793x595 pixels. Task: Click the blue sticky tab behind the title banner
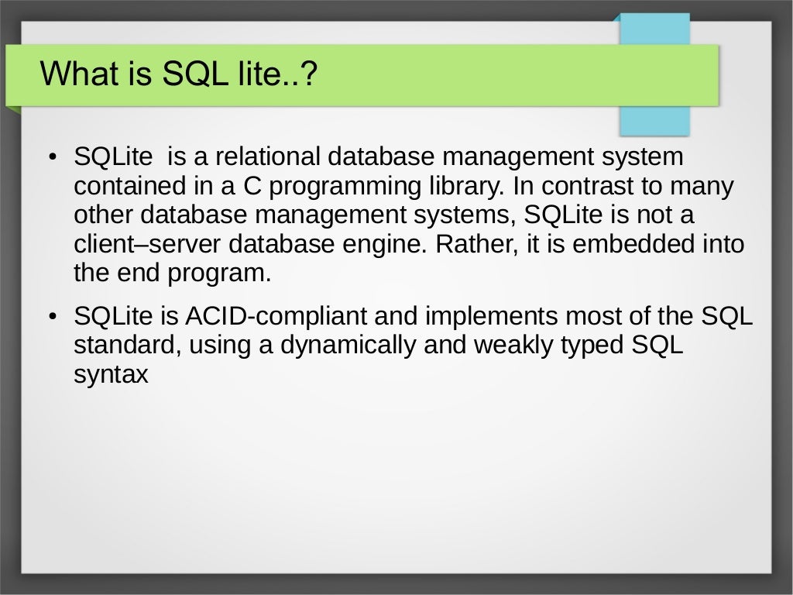coord(654,116)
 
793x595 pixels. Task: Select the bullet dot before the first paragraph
coord(52,158)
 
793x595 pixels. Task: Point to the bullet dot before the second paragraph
coord(52,318)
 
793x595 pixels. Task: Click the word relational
coord(267,157)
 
